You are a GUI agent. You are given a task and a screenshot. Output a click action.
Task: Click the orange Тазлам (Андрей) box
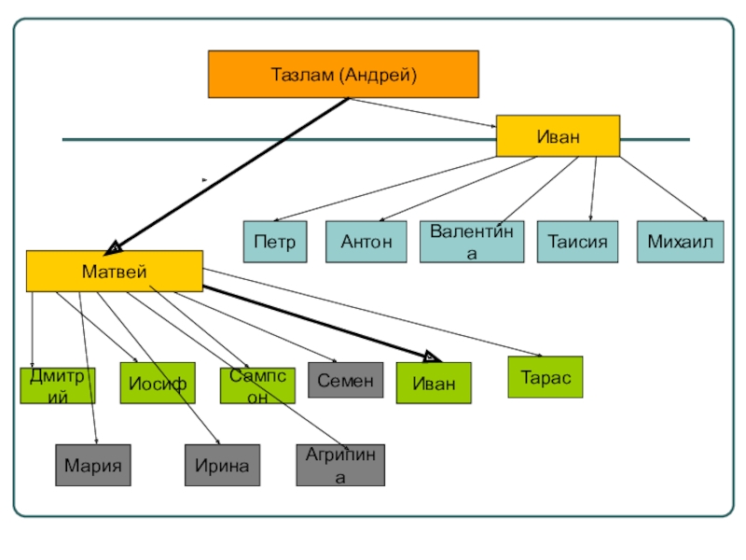[x=342, y=74]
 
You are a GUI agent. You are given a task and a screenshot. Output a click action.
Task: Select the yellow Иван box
[x=558, y=136]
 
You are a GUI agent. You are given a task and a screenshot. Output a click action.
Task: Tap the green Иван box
[x=434, y=383]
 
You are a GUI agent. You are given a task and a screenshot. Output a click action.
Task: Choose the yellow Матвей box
[x=114, y=271]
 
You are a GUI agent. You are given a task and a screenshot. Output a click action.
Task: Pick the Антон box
[x=366, y=242]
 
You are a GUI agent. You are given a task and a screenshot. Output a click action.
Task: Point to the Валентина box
[x=472, y=242]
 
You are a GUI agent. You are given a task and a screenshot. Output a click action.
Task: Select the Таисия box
[x=577, y=242]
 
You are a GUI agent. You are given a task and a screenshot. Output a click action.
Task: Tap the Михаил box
[x=680, y=242]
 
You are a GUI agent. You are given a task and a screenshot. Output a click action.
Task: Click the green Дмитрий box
[x=58, y=385]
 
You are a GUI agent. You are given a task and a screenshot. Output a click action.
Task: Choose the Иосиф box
[x=158, y=383]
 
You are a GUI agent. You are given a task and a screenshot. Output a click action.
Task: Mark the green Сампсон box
[x=257, y=385]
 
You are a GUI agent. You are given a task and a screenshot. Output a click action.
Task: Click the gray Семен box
[x=345, y=380]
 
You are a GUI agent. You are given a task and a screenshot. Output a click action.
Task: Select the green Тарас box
[x=545, y=377]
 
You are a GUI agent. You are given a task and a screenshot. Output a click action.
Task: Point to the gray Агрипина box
[x=340, y=465]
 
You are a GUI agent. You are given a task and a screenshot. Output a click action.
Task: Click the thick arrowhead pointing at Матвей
[x=114, y=246]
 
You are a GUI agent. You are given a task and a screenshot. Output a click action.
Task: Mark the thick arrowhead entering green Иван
[x=428, y=357]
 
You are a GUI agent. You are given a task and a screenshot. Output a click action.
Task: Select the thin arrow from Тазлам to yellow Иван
[x=420, y=111]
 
